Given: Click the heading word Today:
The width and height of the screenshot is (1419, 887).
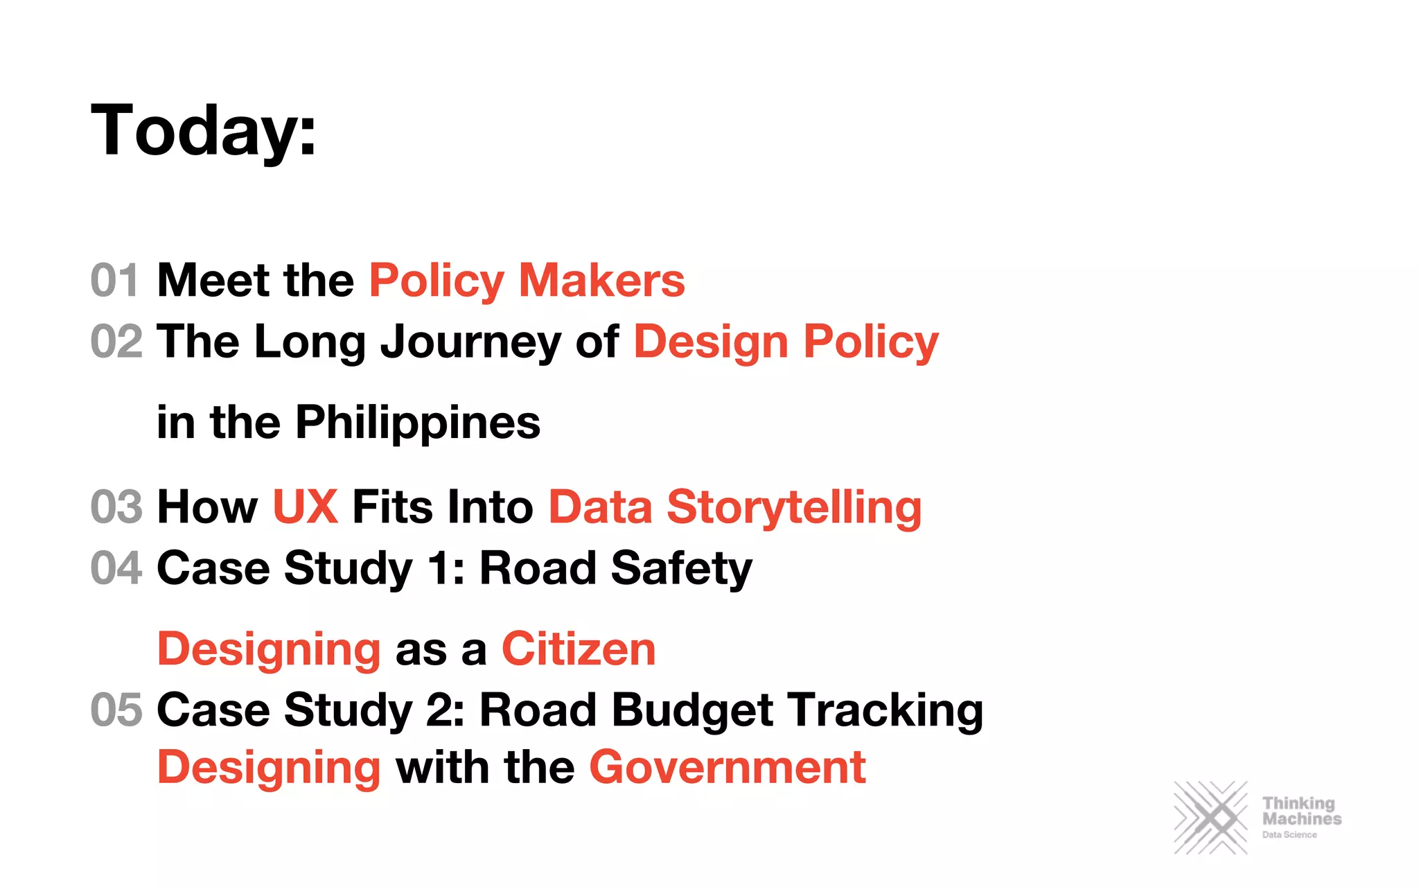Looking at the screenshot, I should (x=204, y=130).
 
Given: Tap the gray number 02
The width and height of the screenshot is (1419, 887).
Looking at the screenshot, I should (x=116, y=342).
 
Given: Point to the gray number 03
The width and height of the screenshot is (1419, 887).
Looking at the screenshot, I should (x=116, y=507).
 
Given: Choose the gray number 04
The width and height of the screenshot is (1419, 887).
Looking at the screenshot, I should (x=116, y=568).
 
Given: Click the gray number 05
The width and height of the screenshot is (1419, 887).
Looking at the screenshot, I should (x=116, y=710).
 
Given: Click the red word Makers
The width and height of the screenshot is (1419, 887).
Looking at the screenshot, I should (x=601, y=280).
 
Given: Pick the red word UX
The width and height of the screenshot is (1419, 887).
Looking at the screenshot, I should (x=305, y=507).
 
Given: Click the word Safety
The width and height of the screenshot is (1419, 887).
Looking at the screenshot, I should (x=681, y=569).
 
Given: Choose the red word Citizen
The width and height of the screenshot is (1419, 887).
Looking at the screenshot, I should (x=579, y=649).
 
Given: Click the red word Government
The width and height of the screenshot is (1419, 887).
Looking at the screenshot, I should (x=727, y=767).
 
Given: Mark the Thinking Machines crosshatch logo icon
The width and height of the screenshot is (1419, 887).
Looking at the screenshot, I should (x=1210, y=818).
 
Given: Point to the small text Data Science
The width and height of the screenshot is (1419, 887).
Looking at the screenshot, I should (x=1289, y=835).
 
